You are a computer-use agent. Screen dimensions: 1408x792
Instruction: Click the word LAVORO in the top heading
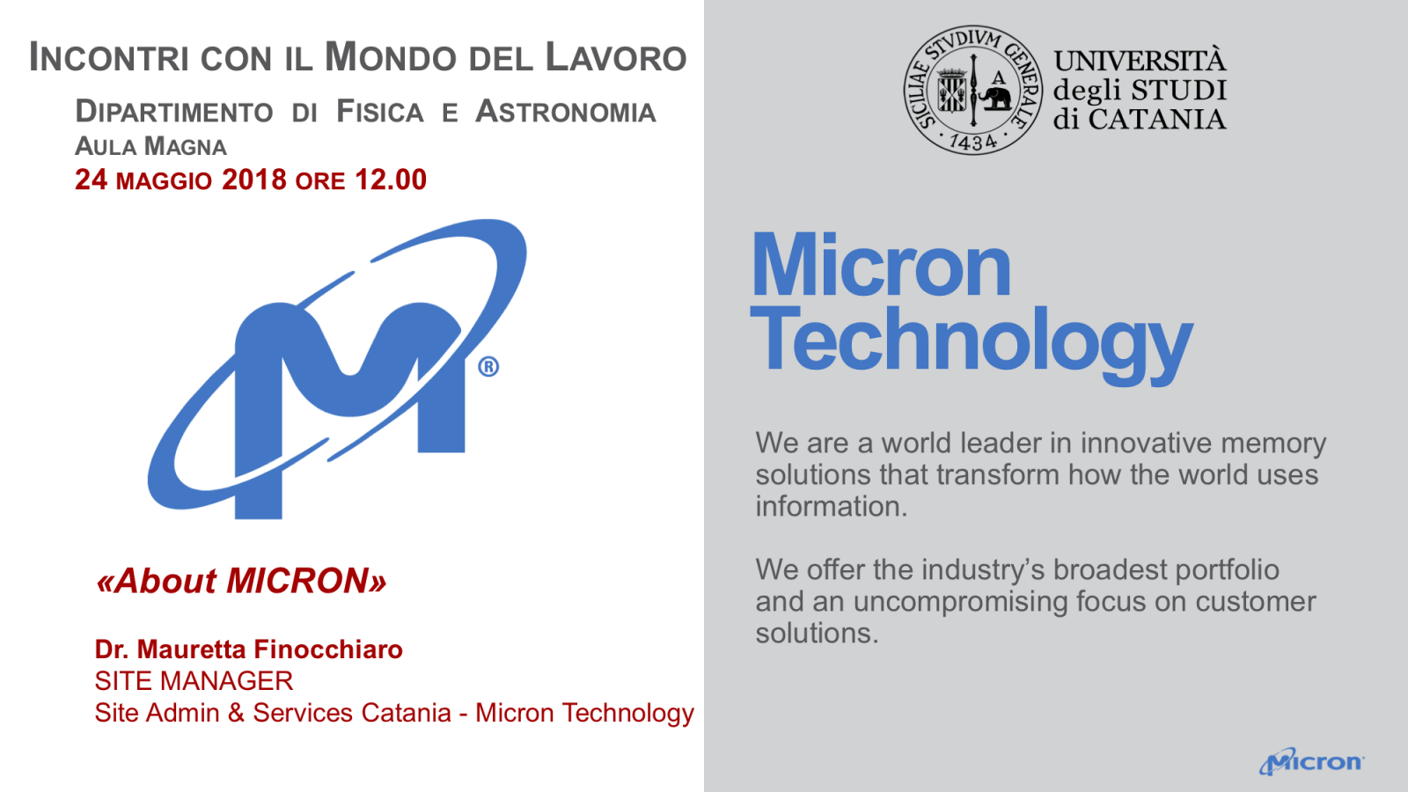(x=615, y=57)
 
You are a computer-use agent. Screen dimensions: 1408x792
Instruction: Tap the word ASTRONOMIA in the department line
(x=566, y=112)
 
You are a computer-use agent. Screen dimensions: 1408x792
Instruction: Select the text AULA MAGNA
(x=150, y=146)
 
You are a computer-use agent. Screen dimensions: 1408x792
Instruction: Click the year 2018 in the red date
(x=254, y=180)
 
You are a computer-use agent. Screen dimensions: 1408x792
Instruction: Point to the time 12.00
(x=391, y=180)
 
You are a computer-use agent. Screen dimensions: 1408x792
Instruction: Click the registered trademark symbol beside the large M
(x=488, y=366)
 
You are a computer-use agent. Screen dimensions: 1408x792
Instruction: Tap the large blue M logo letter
(x=349, y=402)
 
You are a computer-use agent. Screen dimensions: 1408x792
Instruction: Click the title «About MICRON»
(x=241, y=580)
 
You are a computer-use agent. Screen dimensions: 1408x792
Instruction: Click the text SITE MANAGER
(x=194, y=681)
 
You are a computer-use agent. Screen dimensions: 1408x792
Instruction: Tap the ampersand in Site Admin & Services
(x=236, y=713)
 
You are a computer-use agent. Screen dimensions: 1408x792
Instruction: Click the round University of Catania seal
(x=973, y=90)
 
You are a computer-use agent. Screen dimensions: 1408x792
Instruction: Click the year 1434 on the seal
(x=973, y=142)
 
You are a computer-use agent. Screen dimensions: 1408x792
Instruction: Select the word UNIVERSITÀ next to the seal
(x=1140, y=61)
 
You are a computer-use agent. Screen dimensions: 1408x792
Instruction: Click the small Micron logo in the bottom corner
(x=1311, y=761)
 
